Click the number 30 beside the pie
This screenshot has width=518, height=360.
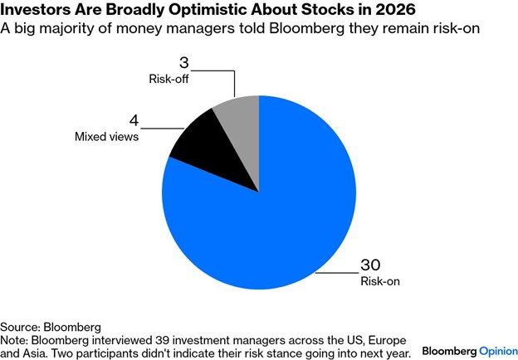tap(370, 265)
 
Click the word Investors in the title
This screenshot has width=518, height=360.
tap(37, 12)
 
